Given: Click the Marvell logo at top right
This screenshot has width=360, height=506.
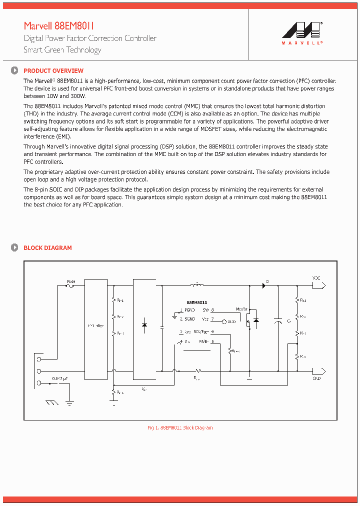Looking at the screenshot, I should click(302, 33).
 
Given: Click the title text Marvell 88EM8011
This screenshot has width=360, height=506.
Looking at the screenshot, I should click(59, 26).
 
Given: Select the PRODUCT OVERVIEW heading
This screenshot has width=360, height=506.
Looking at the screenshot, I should click(53, 71).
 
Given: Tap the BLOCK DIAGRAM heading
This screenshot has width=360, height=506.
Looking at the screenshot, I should click(47, 248).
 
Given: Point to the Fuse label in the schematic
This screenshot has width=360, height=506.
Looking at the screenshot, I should click(71, 281).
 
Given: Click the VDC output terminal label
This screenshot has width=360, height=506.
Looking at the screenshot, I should click(316, 278).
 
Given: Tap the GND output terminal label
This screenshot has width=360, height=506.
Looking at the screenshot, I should click(316, 378).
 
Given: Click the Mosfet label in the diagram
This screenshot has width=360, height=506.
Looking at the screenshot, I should click(242, 309).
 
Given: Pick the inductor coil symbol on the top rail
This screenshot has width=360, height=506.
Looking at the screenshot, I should click(197, 286).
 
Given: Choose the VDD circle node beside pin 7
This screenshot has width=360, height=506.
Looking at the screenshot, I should click(224, 321).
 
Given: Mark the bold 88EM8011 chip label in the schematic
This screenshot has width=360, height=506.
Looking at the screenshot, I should click(196, 302).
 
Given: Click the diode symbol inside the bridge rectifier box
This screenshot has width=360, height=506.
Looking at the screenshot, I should click(144, 325).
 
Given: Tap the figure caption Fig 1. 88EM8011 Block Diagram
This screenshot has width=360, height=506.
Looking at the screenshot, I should click(180, 428).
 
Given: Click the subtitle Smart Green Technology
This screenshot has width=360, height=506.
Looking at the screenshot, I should click(62, 50).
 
